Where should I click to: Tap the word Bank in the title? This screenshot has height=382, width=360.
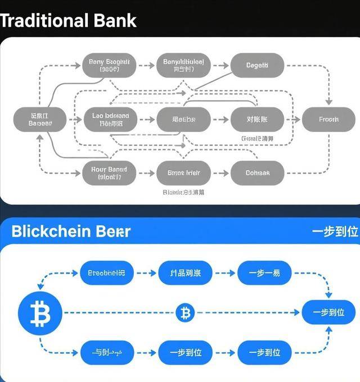(x=114, y=21)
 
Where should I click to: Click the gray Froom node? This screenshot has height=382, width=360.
(x=328, y=119)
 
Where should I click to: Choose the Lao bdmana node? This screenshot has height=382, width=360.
(x=110, y=119)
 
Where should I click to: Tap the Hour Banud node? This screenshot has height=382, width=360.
(x=109, y=172)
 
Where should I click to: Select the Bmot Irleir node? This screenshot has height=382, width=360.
(x=183, y=172)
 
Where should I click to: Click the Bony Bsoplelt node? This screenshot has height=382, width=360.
(x=109, y=66)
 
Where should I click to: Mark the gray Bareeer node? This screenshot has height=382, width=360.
(x=40, y=119)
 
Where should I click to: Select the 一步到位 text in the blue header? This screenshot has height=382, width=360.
(x=335, y=232)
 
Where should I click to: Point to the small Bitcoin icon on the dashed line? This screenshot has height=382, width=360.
(x=184, y=312)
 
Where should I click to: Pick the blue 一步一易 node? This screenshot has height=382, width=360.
(x=264, y=273)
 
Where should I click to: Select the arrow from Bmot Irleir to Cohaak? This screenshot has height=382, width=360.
(x=220, y=172)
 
